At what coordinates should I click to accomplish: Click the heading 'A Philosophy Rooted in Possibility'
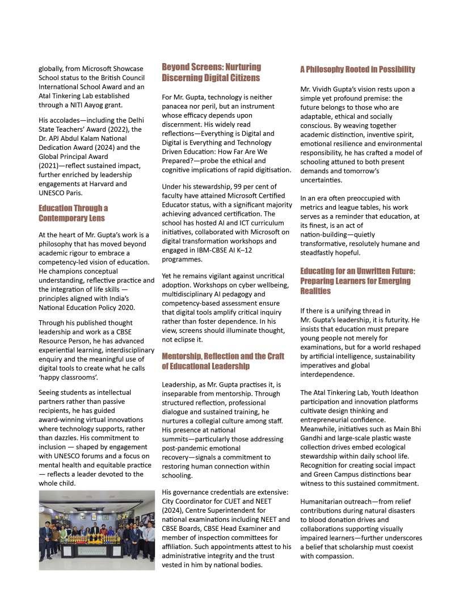pyautogui.click(x=357, y=69)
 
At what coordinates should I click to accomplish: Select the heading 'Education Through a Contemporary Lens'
pyautogui.click(x=73, y=213)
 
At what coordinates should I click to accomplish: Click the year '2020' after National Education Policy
pyautogui.click(x=125, y=308)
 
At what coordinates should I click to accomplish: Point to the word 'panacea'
pyautogui.click(x=176, y=106)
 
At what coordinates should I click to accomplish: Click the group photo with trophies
pyautogui.click(x=96, y=530)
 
